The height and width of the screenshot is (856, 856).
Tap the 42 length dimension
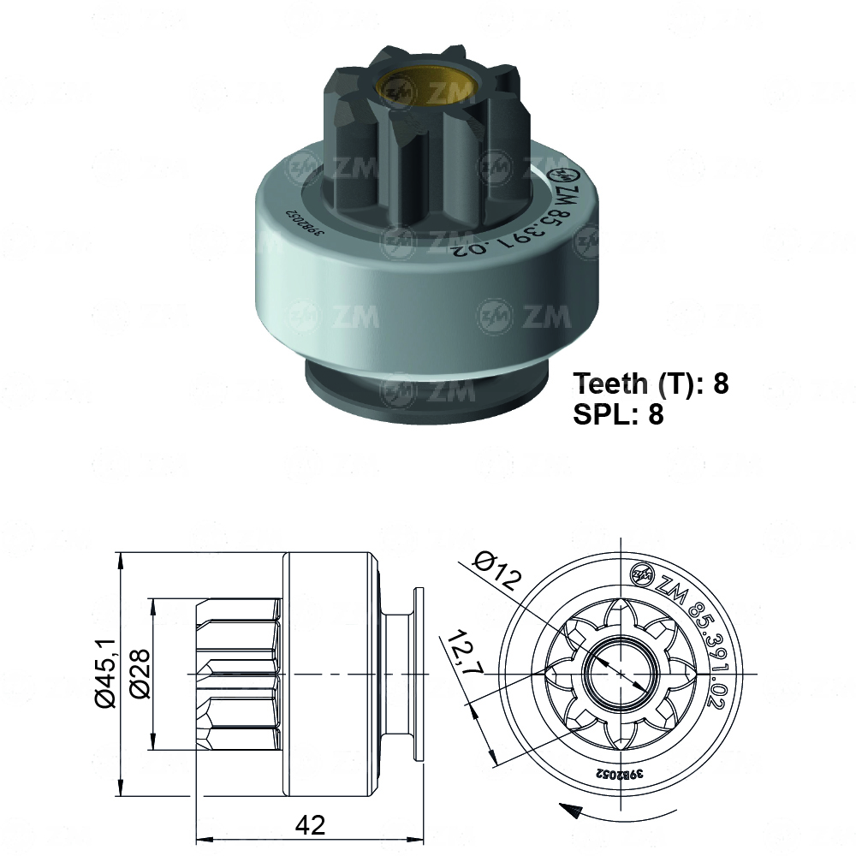point(310,824)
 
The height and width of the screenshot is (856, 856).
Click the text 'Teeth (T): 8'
point(651,383)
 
